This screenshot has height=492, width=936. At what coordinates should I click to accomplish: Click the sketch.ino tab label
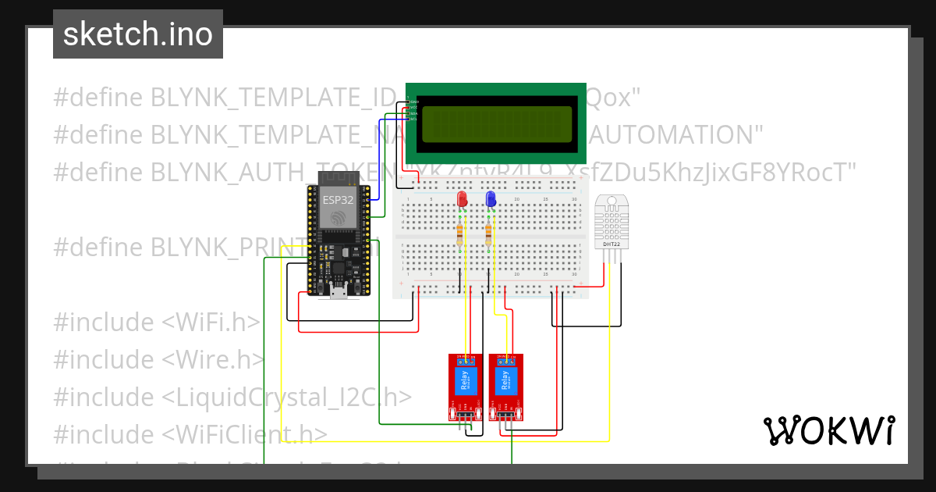click(x=137, y=34)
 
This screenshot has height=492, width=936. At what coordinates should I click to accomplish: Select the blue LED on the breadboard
click(x=491, y=199)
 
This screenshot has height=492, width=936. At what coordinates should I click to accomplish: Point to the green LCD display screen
click(x=495, y=123)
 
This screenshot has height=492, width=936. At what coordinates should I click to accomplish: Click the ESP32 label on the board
click(x=338, y=200)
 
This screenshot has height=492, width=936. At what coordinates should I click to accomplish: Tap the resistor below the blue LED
click(x=489, y=234)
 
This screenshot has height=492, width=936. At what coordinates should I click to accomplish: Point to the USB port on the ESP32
click(x=339, y=293)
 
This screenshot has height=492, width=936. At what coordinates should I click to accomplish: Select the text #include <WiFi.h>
click(x=157, y=322)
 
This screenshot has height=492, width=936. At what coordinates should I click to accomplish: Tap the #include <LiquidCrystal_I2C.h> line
click(x=232, y=397)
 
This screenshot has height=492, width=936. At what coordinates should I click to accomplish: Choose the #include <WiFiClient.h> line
click(x=190, y=434)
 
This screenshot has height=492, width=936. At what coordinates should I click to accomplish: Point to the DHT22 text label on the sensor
click(x=612, y=244)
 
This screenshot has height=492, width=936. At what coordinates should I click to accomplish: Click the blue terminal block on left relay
click(x=466, y=360)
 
